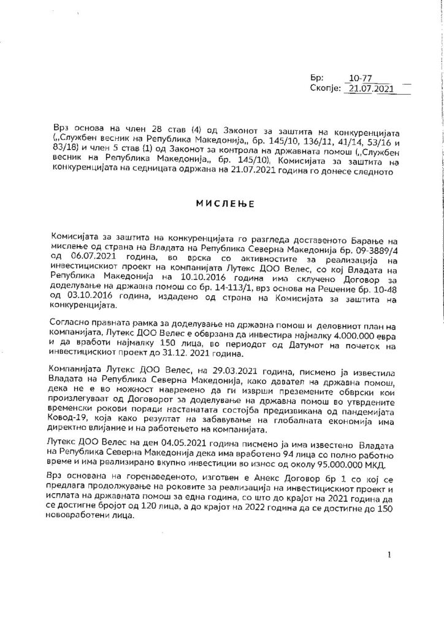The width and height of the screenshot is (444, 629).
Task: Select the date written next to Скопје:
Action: coord(369,88)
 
